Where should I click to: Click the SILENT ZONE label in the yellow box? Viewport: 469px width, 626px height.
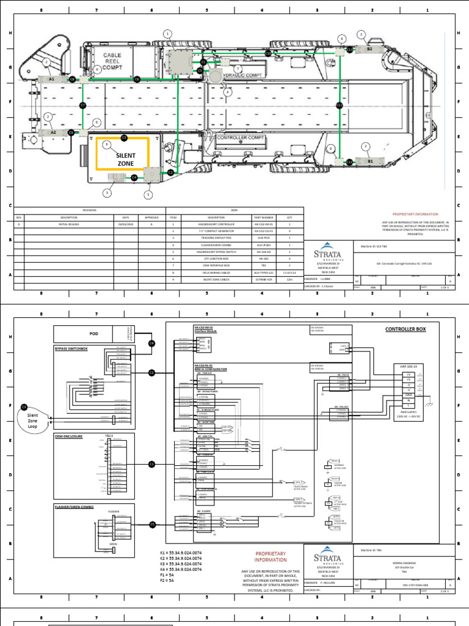[122, 159]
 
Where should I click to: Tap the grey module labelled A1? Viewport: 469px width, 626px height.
[52, 79]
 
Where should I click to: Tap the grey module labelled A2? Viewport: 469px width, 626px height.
[53, 132]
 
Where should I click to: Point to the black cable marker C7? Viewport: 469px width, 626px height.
[83, 106]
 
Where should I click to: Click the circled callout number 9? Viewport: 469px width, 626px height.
[106, 145]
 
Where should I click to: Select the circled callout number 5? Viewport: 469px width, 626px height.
[148, 195]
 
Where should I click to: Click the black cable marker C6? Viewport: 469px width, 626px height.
[137, 79]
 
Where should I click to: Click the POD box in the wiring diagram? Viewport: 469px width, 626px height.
[93, 334]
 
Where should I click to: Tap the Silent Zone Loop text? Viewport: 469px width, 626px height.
[36, 419]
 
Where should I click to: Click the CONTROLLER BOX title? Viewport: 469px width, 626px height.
[405, 330]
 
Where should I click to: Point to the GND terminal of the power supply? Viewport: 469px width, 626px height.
[407, 396]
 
